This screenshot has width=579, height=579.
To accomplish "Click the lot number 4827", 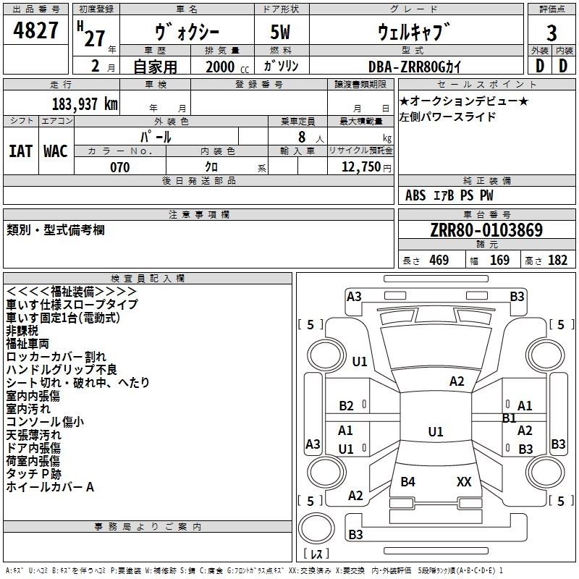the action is (35, 30).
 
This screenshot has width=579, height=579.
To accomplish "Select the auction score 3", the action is (551, 33).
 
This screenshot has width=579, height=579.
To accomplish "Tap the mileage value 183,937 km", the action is (85, 104).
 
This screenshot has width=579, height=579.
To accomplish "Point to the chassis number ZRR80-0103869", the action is (486, 230).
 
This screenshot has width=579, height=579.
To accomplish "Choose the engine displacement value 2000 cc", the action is (227, 67).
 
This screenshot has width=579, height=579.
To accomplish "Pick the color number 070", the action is (120, 167).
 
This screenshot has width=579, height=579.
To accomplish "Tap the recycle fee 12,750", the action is (360, 167).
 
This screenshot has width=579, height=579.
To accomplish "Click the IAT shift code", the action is (20, 151).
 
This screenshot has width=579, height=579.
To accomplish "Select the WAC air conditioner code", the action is (56, 151).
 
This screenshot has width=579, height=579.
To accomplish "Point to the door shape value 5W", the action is (280, 32).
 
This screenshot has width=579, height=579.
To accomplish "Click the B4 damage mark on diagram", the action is (407, 481).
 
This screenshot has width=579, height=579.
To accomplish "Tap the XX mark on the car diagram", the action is (464, 481).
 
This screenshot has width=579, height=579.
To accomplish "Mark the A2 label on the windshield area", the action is (457, 381).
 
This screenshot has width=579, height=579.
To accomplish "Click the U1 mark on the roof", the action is (436, 431).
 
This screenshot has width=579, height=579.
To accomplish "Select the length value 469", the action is (439, 260).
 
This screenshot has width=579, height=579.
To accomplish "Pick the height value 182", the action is (557, 260).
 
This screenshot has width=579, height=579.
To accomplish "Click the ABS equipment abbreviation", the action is (415, 195).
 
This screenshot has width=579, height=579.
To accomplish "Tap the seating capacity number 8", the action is (302, 137).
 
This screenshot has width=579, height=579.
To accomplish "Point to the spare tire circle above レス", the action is (316, 528).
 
